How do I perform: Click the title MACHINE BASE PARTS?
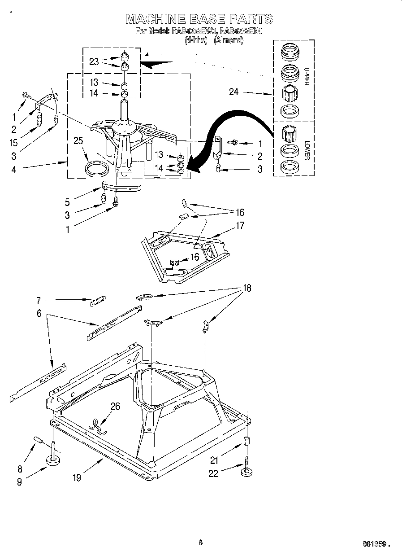199,19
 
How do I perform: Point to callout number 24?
233,92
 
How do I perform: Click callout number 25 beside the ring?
79,141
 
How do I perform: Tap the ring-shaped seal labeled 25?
97,169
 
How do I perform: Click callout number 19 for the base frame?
77,478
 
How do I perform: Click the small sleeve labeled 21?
246,440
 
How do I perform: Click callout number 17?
240,225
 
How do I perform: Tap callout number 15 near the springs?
14,142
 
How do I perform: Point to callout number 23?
94,62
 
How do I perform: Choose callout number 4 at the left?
14,170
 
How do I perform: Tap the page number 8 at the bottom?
200,542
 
